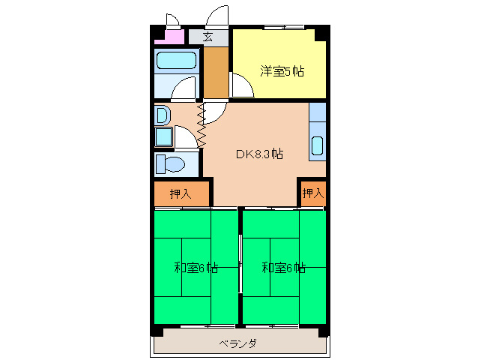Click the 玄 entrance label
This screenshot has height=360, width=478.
pos(207,36)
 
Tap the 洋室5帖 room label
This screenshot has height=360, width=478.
pos(282,72)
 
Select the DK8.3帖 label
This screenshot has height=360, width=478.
pos(259,154)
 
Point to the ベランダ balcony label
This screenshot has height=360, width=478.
pos(238,344)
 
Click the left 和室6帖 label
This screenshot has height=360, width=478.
pos(196,267)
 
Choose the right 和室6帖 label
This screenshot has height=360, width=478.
pos(283,267)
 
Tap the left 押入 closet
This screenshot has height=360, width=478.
pos(181,193)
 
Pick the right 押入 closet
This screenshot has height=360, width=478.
pos(312,193)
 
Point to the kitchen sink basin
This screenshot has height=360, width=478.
pos(318,146)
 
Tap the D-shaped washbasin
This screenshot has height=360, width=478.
pos(163,115)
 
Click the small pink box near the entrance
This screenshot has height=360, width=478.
pos(174,36)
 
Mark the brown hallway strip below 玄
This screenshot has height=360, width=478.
pos(216,73)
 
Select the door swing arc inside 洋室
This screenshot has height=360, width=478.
pos(241,86)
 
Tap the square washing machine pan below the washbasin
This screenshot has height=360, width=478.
pos(163,137)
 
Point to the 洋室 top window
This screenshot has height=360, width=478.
pos(285,28)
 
